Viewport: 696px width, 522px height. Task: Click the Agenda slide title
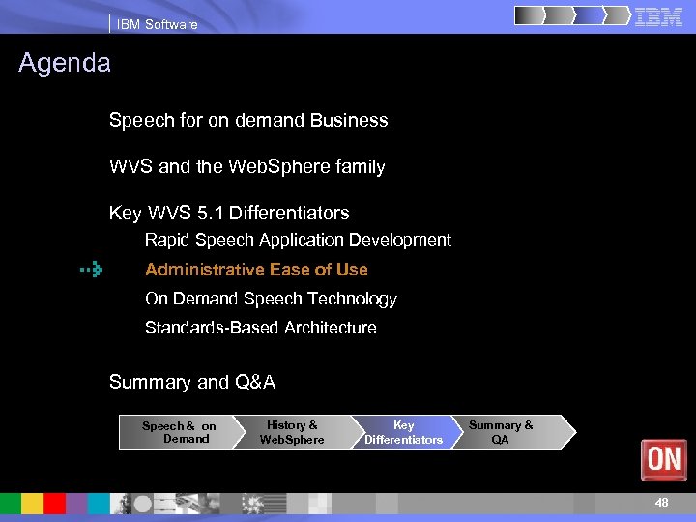coord(65,64)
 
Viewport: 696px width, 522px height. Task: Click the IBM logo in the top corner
coord(658,16)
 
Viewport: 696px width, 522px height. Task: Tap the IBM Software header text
coord(157,24)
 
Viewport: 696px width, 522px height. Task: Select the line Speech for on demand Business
coord(248,121)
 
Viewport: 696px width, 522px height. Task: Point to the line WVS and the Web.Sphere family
coord(246,167)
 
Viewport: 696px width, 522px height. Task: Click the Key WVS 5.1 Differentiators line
coord(229,213)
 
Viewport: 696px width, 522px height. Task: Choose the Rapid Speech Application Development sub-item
coord(298,240)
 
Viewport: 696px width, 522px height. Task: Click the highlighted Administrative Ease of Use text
coord(256,270)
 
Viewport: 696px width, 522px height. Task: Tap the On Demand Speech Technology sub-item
coord(271,299)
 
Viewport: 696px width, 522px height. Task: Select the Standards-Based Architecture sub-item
coord(260,328)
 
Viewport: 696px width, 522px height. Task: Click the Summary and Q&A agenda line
coord(192,382)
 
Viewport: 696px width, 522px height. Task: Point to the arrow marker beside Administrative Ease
coord(92,270)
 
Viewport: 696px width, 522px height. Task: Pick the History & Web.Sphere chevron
coord(291,432)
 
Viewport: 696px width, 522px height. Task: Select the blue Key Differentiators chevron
coord(403,432)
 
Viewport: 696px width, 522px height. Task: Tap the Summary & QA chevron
coord(503,432)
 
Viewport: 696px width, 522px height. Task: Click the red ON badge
coord(663,459)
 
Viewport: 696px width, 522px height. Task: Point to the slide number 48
coord(661,503)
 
